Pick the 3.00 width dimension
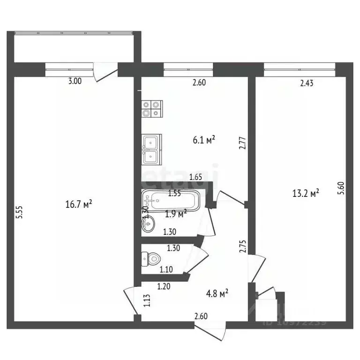pos(75,81)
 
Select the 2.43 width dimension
pos(307,84)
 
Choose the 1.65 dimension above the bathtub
pos(196,177)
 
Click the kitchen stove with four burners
pos(152,109)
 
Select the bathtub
pos(172,201)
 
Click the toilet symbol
pos(151,258)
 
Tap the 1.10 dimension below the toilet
pos(166,270)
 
